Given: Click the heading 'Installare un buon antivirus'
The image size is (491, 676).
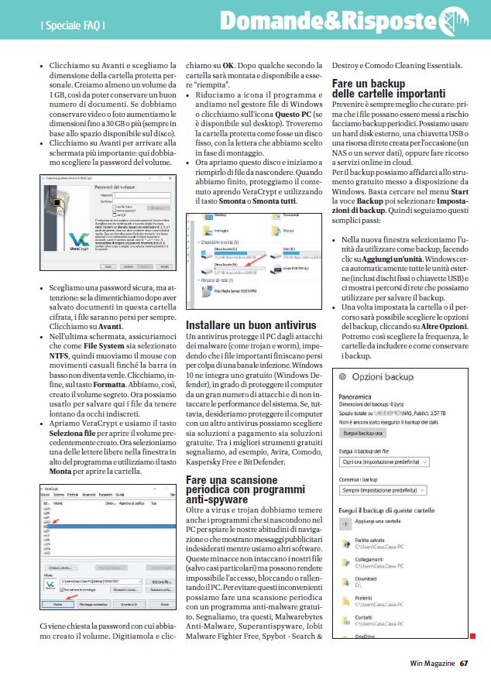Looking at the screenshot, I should coord(251,324).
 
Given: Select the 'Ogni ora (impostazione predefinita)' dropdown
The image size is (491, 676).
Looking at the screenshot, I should coord(384,462).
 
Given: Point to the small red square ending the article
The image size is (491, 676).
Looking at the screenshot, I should coord(472,637).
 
